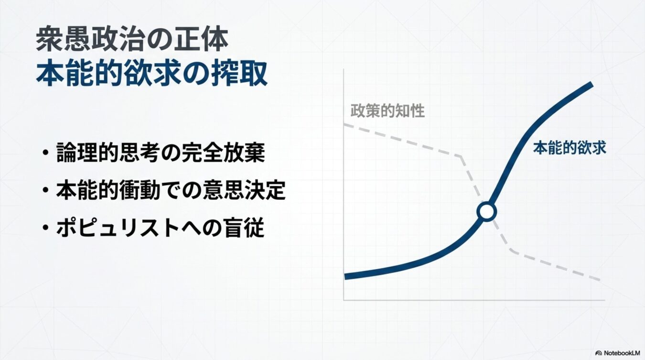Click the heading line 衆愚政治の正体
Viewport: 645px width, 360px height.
131,40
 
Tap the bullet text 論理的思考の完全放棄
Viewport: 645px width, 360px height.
160,153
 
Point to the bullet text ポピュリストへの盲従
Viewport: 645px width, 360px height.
160,229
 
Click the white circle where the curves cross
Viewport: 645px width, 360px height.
486,211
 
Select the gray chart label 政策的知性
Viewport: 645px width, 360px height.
387,111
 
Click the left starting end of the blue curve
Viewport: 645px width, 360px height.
346,276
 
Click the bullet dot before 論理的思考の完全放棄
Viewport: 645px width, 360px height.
45,154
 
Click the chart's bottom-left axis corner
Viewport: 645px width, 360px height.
344,300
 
